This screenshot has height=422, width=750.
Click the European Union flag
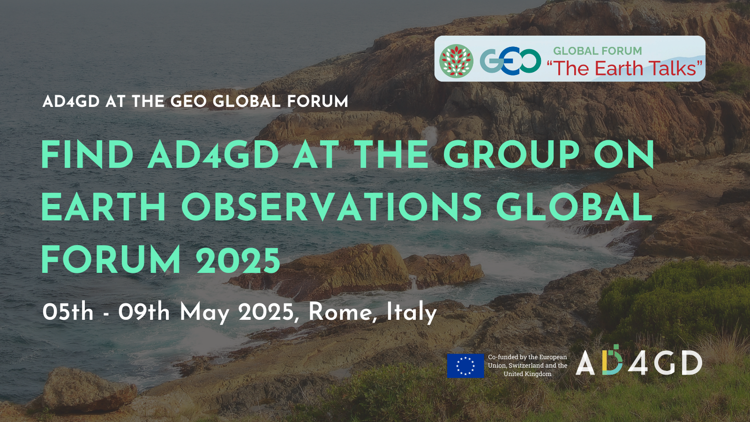465,366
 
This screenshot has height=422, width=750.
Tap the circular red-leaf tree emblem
456,61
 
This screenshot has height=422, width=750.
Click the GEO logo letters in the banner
510,61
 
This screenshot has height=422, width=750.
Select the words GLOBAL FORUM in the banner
597,51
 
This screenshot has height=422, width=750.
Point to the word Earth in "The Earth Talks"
619,68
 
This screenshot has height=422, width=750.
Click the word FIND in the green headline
87,154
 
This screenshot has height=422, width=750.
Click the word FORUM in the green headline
111,260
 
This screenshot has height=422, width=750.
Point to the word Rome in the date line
340,312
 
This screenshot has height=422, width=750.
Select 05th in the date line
67,312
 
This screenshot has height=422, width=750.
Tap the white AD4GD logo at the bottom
638,361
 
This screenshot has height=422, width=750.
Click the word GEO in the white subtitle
189,101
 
